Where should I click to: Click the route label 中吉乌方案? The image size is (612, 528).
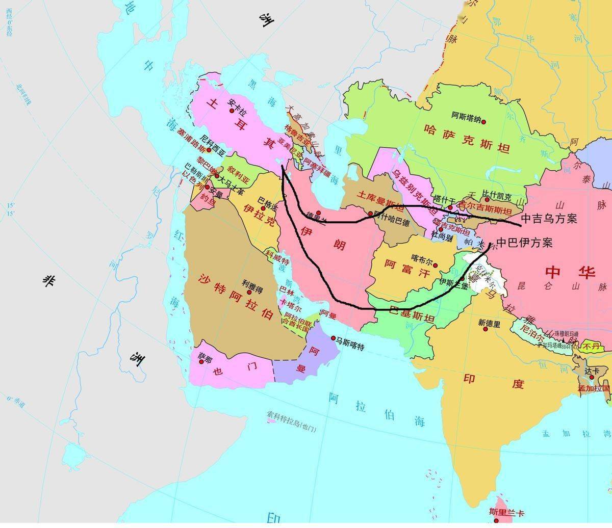(x=549, y=219)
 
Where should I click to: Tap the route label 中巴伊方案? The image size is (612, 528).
(x=524, y=243)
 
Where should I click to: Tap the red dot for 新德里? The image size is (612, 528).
(x=486, y=329)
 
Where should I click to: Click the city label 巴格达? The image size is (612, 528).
(x=268, y=199)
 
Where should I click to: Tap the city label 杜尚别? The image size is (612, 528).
(x=442, y=236)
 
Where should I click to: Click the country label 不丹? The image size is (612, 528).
(x=592, y=347)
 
